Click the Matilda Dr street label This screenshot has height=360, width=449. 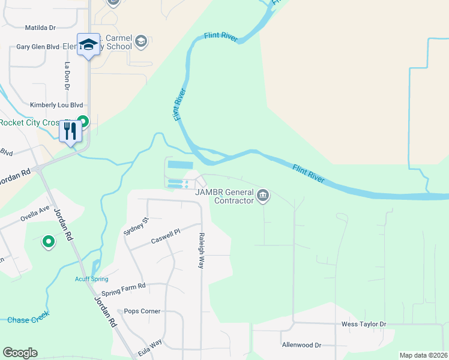(x=40, y=28)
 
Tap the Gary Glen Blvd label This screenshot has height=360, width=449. (x=38, y=46)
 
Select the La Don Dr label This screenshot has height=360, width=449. (x=67, y=71)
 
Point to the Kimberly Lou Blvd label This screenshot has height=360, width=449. (x=56, y=105)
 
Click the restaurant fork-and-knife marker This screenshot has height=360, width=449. (x=70, y=130)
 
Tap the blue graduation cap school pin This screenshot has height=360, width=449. (x=89, y=45)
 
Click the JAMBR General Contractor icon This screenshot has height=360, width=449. (x=263, y=196)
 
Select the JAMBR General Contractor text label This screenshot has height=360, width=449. (x=224, y=196)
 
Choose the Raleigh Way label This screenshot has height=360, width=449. (x=202, y=250)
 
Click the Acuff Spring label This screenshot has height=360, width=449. (x=91, y=279)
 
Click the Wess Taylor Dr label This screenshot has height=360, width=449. (x=364, y=324)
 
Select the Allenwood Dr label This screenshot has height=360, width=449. (x=301, y=345)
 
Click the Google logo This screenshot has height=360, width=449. (x=20, y=353)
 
